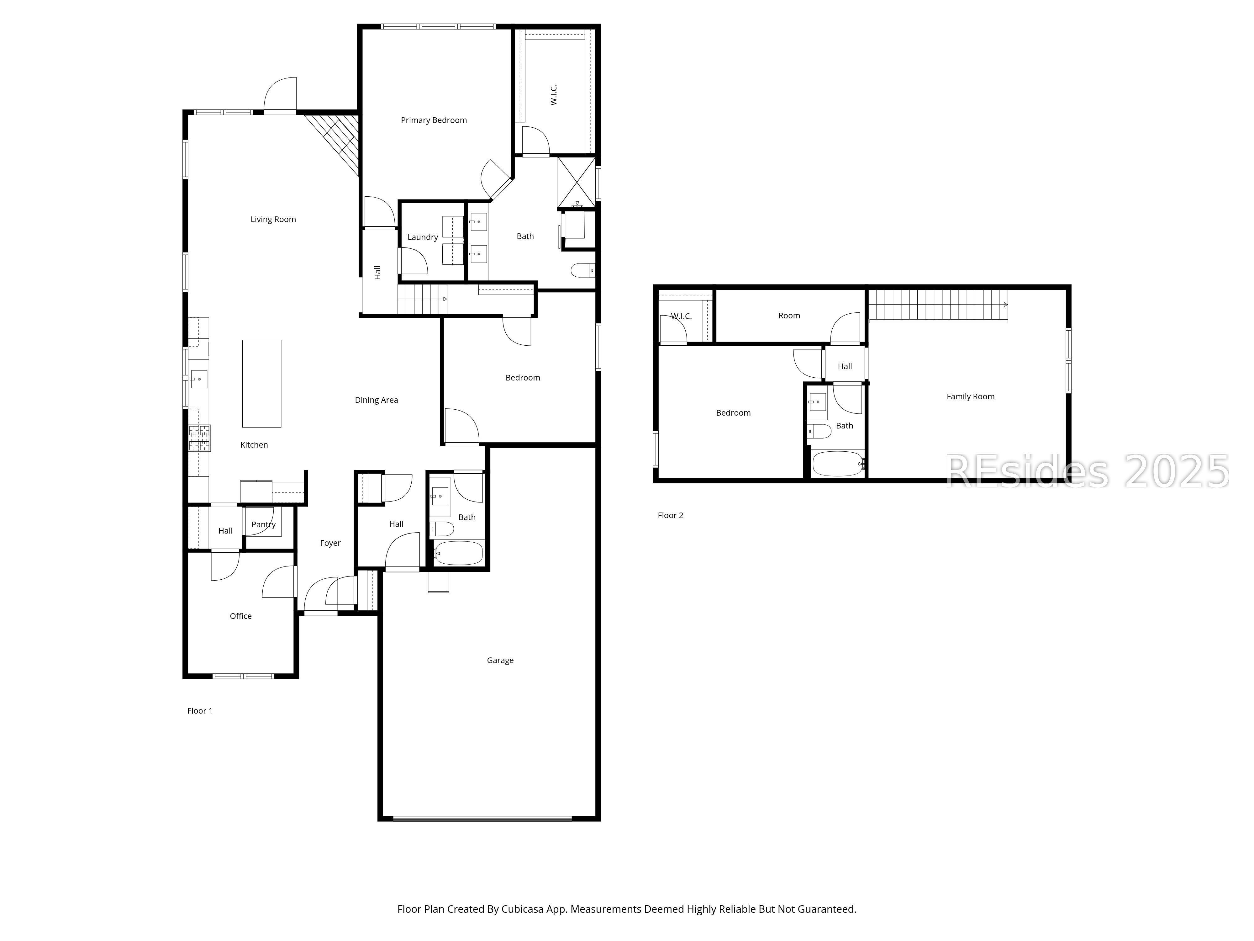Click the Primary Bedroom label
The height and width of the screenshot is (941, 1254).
coord(434,120)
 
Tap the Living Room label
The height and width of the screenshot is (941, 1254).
coord(273,220)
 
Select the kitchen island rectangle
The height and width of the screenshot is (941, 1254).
coord(261,383)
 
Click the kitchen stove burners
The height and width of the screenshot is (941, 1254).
coord(200,438)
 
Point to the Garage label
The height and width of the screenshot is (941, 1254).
coord(500,660)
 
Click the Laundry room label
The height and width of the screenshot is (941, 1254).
coord(422,237)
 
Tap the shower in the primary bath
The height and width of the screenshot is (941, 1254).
coord(577,183)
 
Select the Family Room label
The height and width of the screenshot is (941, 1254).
coord(971,396)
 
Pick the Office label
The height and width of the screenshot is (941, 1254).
coord(240,616)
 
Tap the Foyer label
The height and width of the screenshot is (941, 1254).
coord(330,543)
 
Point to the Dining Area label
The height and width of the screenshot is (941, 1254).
coord(377,400)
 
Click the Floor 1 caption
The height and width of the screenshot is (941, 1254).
coord(200,711)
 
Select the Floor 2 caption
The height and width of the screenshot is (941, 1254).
coord(670,515)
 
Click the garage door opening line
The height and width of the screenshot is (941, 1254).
coord(482,818)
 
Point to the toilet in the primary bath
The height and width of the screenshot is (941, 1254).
coord(583,271)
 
